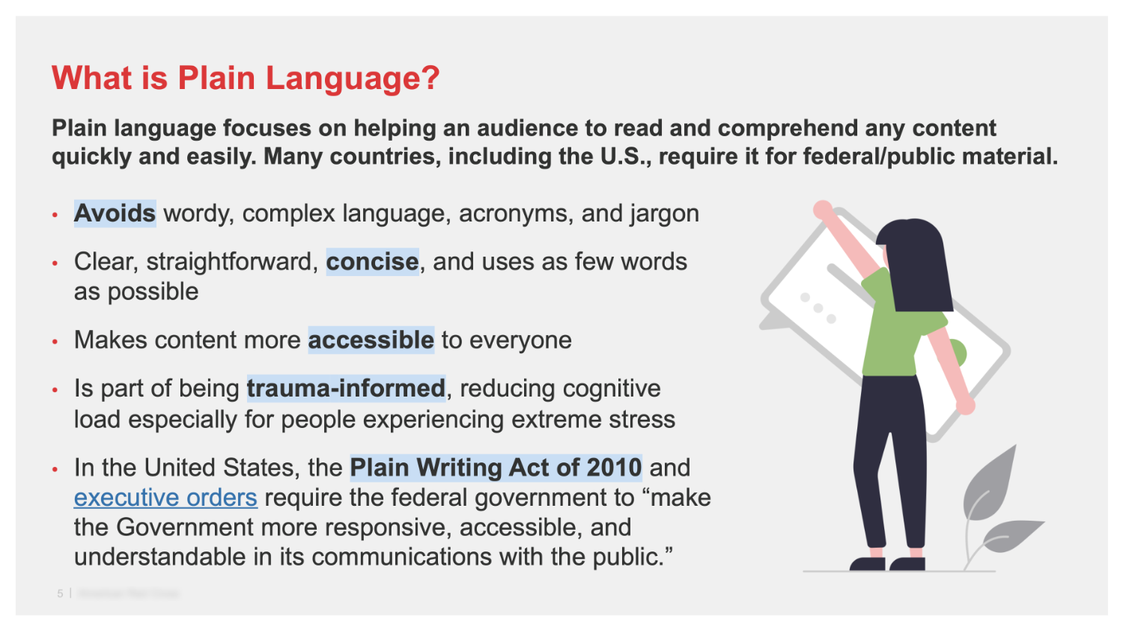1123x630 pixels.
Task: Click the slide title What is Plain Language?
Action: point(246,79)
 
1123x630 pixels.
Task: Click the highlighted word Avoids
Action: point(115,214)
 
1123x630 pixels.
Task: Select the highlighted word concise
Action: point(372,262)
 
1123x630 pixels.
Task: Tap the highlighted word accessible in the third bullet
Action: point(371,340)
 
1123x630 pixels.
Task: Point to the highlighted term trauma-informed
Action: point(346,389)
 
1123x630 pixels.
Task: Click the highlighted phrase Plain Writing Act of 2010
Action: point(496,468)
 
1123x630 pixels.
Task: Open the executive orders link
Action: point(165,498)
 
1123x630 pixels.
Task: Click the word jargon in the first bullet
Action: point(664,215)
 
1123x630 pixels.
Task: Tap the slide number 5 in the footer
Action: point(60,593)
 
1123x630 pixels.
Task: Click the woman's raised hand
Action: point(823,210)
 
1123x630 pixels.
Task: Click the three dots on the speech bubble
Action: point(818,308)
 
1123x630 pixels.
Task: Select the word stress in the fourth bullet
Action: point(643,420)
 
